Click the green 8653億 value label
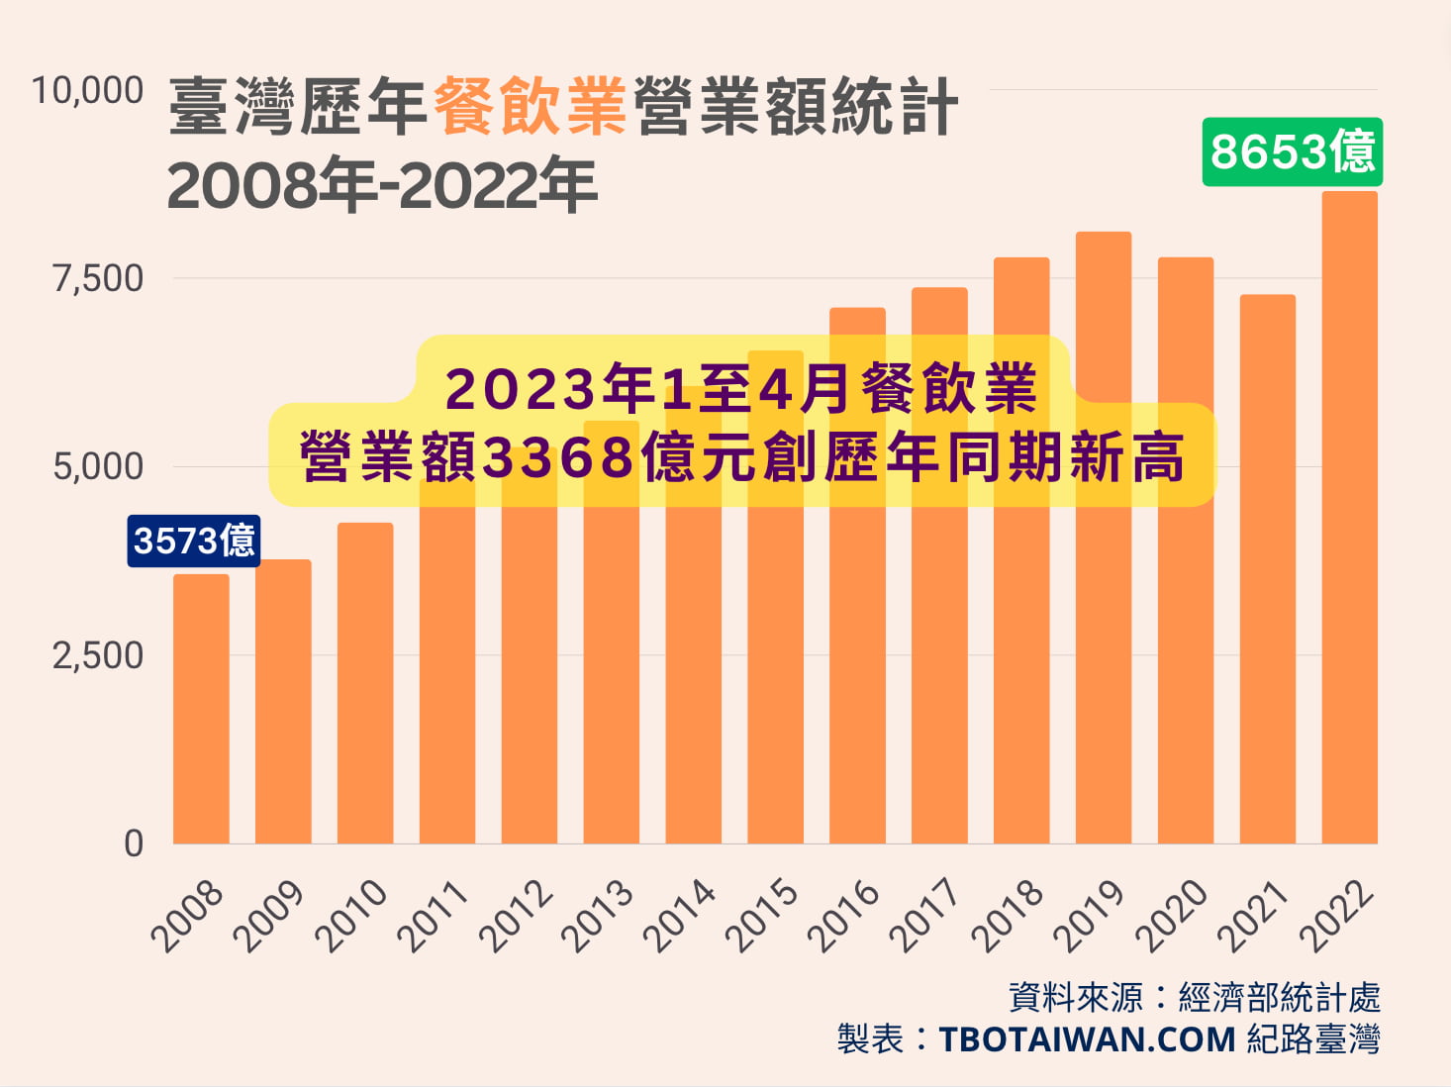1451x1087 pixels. [1292, 152]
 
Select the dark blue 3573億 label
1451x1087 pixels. [194, 541]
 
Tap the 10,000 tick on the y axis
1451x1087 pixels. [87, 91]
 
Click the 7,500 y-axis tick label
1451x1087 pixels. [98, 279]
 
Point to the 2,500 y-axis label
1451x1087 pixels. [98, 655]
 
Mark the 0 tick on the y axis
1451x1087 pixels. [134, 843]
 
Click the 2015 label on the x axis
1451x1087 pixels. [761, 915]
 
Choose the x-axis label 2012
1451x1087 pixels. [516, 915]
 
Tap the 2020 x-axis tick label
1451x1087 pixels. [1172, 915]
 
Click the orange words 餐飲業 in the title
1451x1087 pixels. [530, 106]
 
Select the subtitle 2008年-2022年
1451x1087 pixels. [382, 186]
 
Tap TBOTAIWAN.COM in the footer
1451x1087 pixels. [1087, 1039]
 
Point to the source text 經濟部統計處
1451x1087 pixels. [1279, 997]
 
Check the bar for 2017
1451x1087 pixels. [939, 594]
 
